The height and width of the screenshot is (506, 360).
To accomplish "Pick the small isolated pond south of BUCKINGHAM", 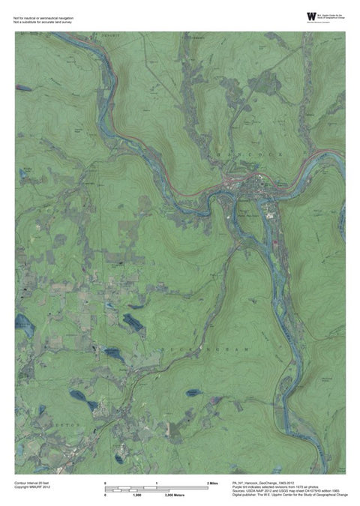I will click(193, 392).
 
